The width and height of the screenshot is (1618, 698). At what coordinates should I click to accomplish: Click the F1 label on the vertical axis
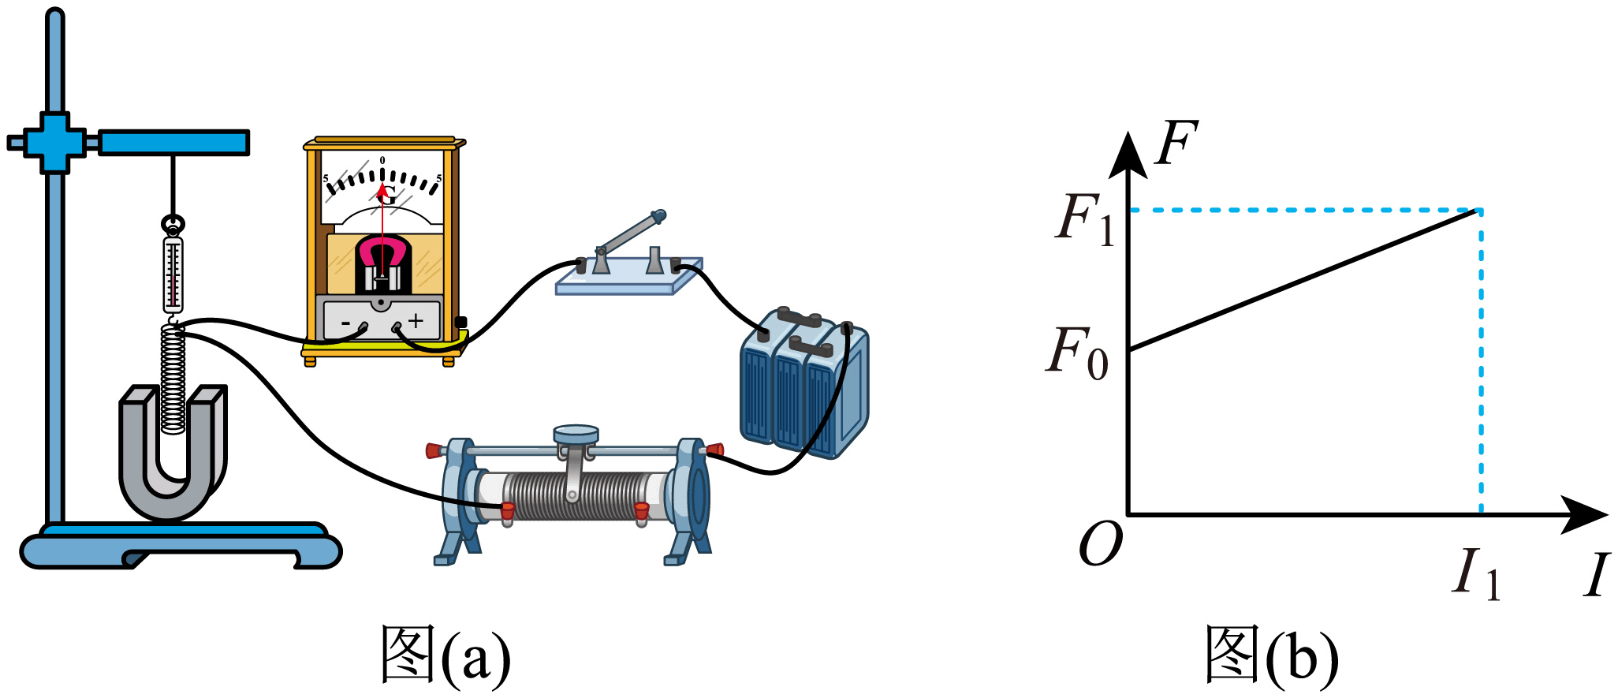[x=1085, y=218]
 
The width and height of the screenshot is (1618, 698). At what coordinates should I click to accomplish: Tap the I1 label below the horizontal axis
[x=1476, y=573]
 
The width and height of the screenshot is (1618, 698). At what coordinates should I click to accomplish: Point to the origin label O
[x=1100, y=543]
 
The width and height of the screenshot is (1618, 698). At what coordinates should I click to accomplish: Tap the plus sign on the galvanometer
[x=416, y=320]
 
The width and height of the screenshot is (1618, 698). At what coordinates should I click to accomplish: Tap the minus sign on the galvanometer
[x=345, y=323]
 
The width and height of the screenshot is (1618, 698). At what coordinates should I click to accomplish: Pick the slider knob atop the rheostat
[x=576, y=435]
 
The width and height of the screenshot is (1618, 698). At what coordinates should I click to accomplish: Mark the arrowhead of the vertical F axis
[x=1128, y=155]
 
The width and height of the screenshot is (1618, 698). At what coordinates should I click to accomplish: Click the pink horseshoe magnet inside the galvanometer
[x=382, y=254]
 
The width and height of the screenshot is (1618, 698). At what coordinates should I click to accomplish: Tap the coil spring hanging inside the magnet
[x=173, y=379]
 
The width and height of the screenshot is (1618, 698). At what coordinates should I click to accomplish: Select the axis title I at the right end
[x=1597, y=574]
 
